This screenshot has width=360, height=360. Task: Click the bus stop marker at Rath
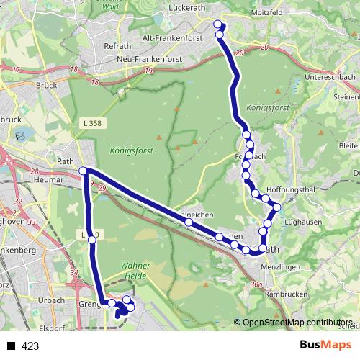(83, 171)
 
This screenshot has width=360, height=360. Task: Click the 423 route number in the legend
(30, 346)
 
